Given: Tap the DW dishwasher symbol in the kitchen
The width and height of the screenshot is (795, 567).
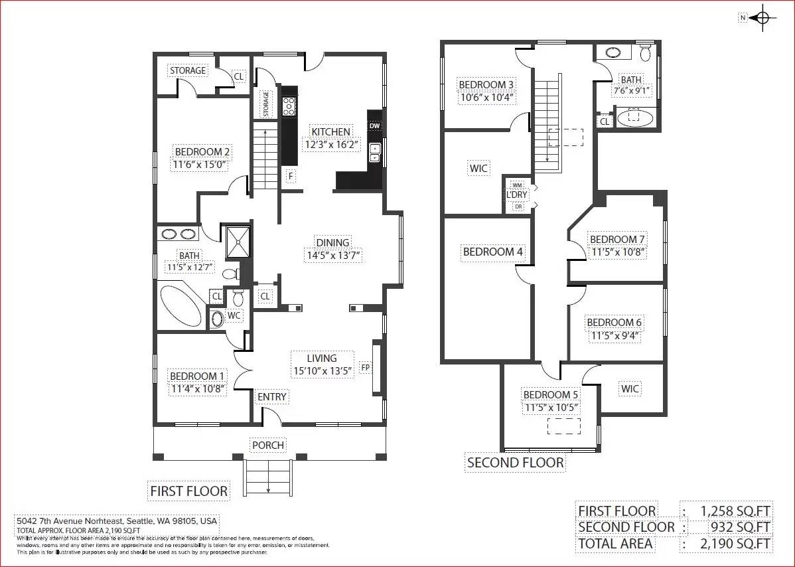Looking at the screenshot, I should tap(374, 126).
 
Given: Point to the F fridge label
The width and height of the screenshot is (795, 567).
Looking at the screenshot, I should tap(290, 176).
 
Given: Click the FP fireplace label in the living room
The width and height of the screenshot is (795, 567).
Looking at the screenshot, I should tap(365, 367).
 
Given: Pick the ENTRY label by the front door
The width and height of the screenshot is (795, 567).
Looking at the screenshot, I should tap(272, 397).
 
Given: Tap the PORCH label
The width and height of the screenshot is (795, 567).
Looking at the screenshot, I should tap(268, 445).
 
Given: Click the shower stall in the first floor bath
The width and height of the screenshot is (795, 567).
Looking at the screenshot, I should tap(238, 242).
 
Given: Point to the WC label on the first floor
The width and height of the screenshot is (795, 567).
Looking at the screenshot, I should tap(234, 315).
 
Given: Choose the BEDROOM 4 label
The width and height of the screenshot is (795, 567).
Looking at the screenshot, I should tap(492, 252).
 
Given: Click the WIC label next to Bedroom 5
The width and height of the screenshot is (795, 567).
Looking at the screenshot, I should tap(630, 388).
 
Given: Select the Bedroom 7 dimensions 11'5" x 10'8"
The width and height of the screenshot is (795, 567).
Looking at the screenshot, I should tap(618, 252).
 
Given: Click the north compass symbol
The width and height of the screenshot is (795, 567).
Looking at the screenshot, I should tap(762, 18).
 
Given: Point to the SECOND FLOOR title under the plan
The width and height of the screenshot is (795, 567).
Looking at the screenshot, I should tap(515, 463).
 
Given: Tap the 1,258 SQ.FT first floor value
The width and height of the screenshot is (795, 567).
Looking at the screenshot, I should tap(735, 511).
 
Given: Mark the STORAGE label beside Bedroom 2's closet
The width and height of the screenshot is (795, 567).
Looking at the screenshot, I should tap(188, 70).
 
